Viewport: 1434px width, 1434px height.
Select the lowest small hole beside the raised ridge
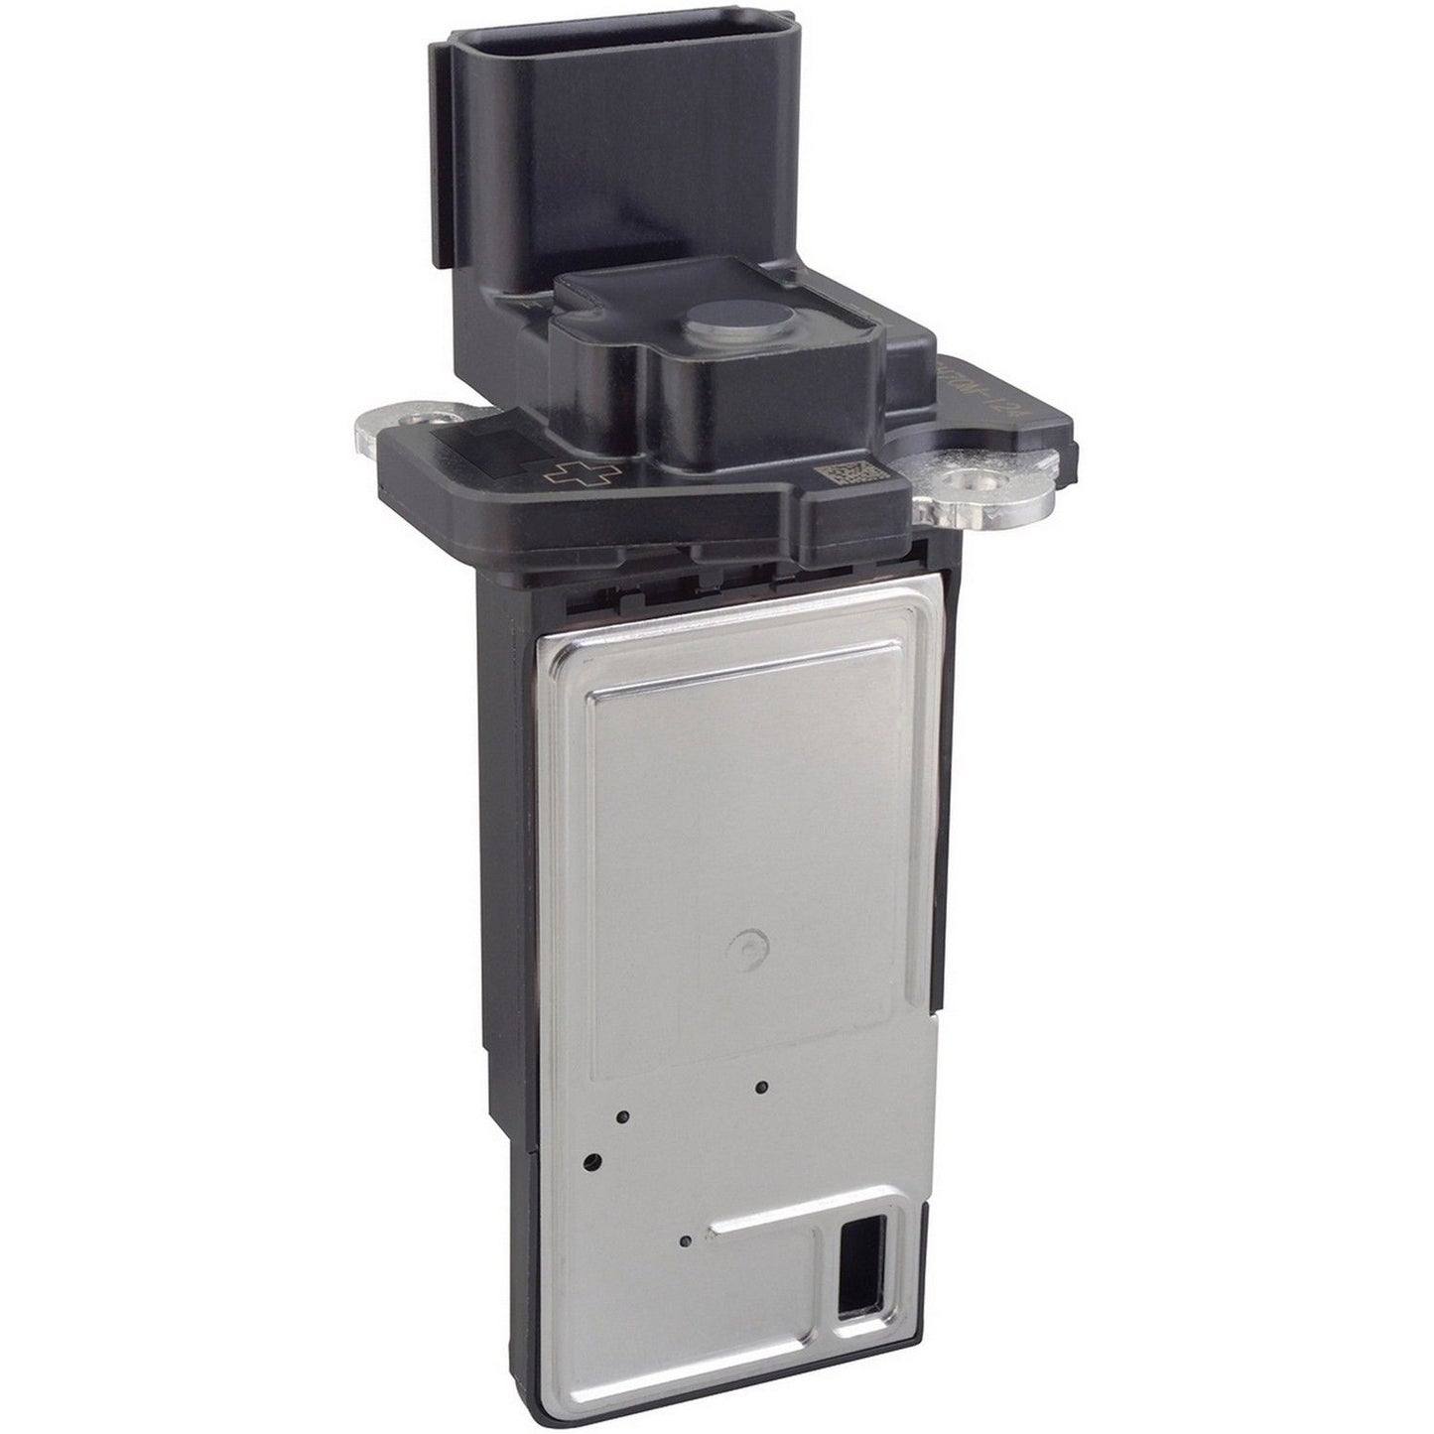[x=685, y=1239]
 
